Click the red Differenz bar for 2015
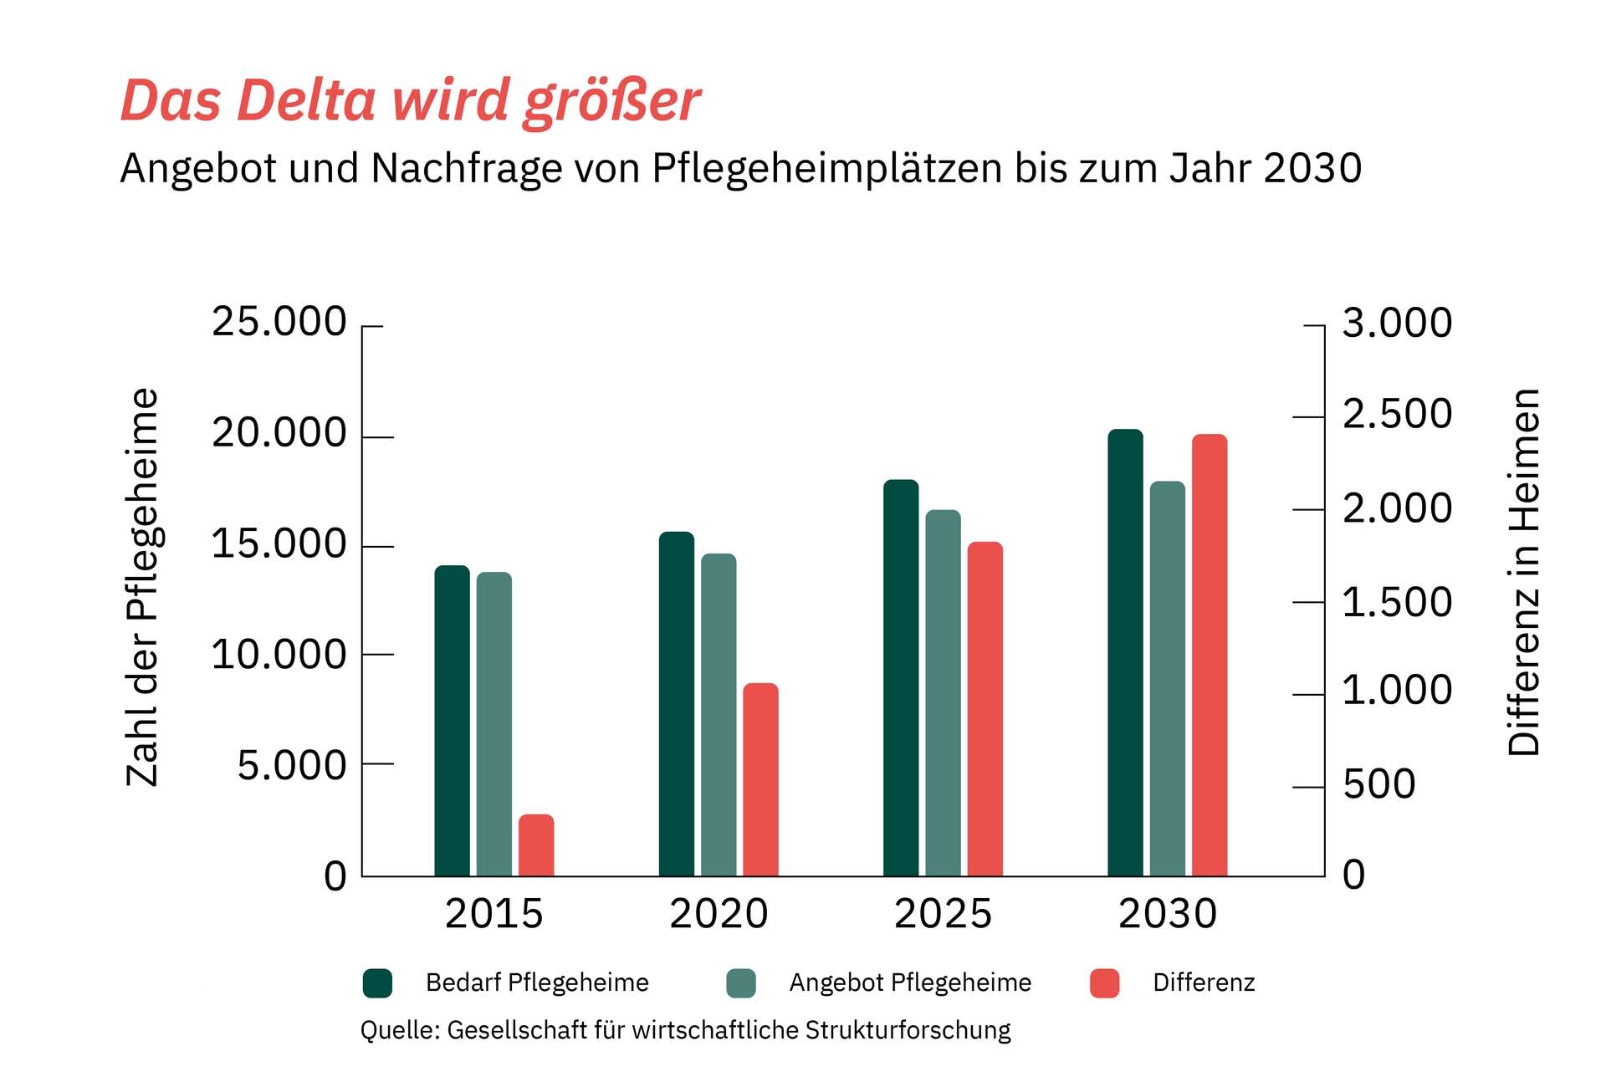pos(536,845)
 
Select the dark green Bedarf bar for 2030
pos(1125,653)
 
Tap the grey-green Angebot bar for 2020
pos(719,715)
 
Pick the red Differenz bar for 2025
pos(985,709)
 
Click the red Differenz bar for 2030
pos(1210,656)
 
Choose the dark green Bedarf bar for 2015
pos(452,721)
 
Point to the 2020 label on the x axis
pos(719,913)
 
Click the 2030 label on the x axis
pos(1168,913)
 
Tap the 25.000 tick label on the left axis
pos(279,322)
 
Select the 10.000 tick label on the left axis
pos(279,654)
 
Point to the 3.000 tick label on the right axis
pos(1397,323)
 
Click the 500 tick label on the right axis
pos(1378,784)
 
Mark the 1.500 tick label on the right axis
pos(1397,602)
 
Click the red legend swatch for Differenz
pos(1105,983)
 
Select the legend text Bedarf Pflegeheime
pos(537,982)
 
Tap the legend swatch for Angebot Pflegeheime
pos(741,983)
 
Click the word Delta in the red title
pos(306,100)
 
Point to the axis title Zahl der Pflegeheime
pos(142,587)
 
